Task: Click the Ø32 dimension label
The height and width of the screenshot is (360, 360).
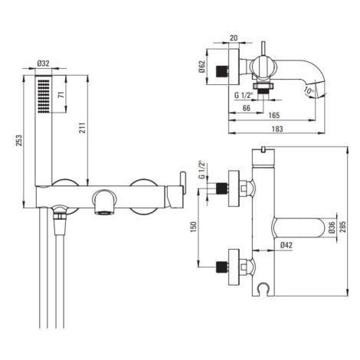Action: pos(43,63)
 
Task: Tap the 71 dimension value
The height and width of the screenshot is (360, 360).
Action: pos(61,94)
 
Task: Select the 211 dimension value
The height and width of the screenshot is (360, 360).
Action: pos(83,128)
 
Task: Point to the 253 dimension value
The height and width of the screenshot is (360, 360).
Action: pos(19,140)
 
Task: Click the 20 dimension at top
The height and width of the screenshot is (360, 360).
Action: pos(234,38)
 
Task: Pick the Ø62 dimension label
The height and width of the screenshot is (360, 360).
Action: pos(201,67)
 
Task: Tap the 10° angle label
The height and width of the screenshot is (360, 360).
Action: pos(309,90)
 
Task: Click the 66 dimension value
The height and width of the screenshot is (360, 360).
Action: pos(246,108)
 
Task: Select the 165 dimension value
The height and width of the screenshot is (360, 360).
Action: pos(274,116)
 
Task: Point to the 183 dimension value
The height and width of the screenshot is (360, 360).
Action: pos(277,129)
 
